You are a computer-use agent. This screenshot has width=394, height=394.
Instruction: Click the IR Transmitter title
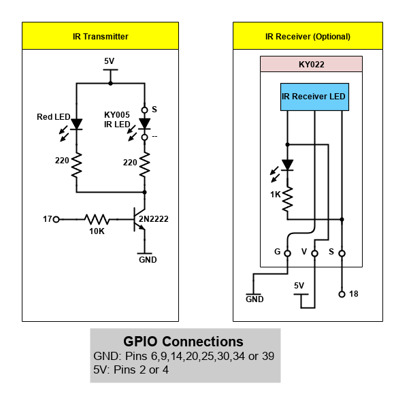(x=101, y=37)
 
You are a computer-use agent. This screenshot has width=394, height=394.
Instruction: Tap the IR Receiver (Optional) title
(x=308, y=37)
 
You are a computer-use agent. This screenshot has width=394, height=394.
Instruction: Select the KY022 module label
(x=312, y=65)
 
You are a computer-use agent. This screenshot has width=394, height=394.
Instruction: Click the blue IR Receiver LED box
(x=314, y=97)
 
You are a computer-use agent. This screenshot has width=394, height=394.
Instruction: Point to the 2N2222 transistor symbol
(x=139, y=219)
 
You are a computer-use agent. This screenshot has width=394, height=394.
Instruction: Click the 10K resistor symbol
(x=97, y=219)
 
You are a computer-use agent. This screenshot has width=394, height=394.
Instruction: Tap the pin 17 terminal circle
(x=56, y=219)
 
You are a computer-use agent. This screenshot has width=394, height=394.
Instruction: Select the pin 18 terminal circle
(x=342, y=294)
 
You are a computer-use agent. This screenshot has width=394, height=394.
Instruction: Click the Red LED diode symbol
(x=76, y=125)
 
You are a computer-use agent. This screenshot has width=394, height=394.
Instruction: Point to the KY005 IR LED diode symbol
(x=144, y=124)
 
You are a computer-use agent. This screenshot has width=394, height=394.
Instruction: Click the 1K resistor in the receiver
(x=287, y=200)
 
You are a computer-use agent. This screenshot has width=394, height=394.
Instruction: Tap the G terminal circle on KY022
(x=287, y=253)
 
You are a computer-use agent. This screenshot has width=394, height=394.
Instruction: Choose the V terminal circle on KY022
(x=314, y=253)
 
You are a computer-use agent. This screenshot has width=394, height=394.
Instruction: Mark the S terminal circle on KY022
(x=342, y=253)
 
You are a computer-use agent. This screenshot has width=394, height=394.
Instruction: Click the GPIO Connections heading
(x=183, y=342)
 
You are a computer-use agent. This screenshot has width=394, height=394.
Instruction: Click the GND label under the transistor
(x=148, y=260)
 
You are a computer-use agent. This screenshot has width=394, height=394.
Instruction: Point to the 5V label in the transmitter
(x=110, y=61)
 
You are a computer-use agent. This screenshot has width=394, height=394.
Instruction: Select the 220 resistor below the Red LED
(x=76, y=165)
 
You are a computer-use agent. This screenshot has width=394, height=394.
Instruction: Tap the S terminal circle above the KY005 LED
(x=144, y=110)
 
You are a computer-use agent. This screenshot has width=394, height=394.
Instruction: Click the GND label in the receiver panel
(x=255, y=299)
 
